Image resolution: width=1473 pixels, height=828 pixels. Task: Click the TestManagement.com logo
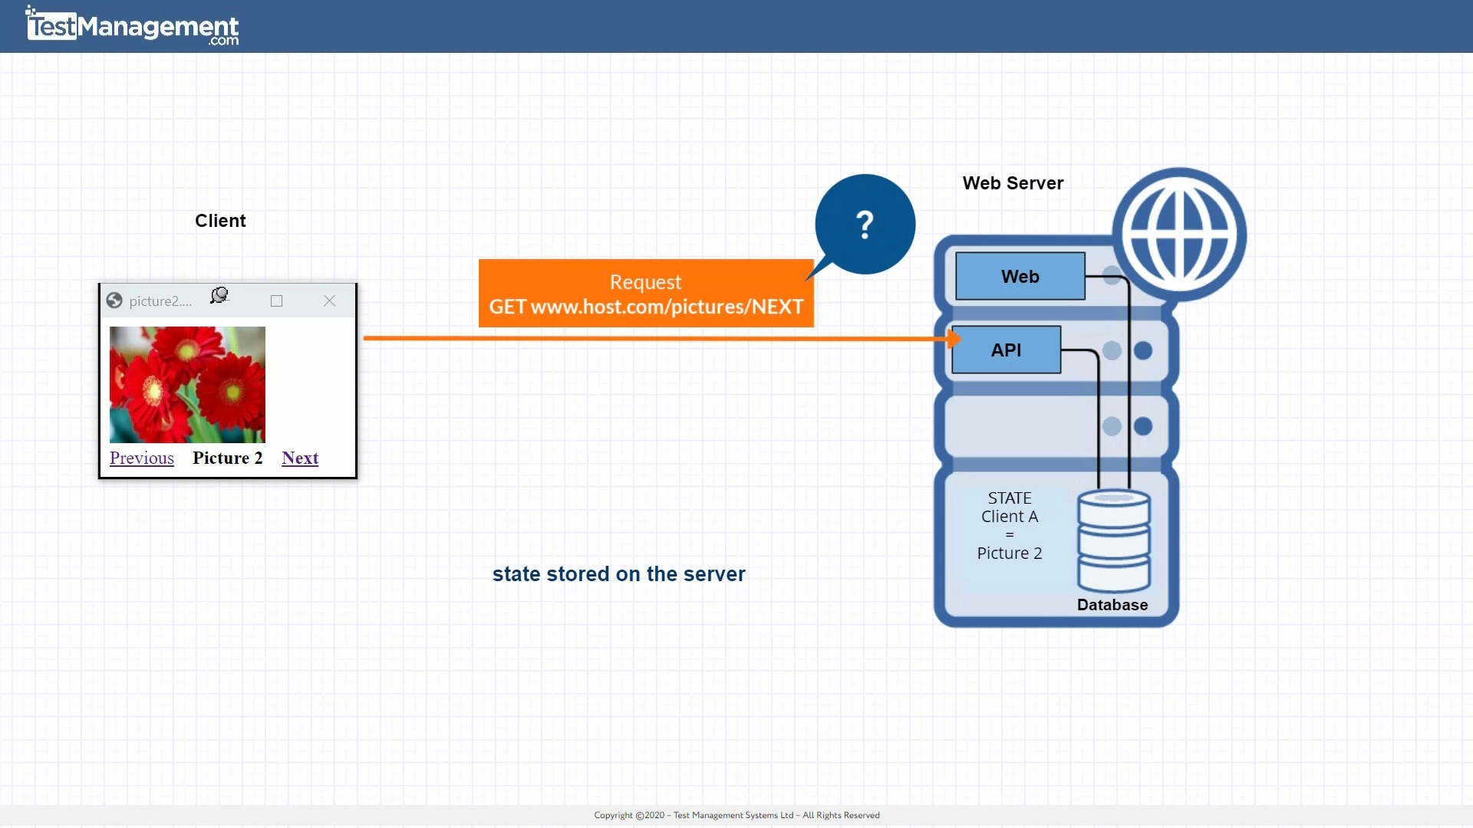click(x=132, y=27)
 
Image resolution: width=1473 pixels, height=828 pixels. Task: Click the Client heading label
click(x=220, y=221)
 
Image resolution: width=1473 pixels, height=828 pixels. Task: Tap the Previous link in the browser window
click(x=142, y=458)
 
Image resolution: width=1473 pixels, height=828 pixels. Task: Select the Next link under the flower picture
click(x=300, y=458)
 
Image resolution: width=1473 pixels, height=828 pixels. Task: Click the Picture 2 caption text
click(x=227, y=458)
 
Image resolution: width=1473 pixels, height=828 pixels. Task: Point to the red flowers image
click(x=187, y=385)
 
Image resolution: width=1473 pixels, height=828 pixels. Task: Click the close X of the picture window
click(x=329, y=301)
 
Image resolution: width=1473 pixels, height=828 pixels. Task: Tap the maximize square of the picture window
click(x=276, y=301)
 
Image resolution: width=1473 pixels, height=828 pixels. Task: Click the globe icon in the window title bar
click(x=114, y=301)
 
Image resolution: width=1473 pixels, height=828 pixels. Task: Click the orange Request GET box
click(x=646, y=294)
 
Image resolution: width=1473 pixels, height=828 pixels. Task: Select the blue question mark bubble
click(x=865, y=225)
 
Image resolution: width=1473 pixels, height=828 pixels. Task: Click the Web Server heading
click(x=1013, y=183)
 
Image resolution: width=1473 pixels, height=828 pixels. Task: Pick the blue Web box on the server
click(x=1020, y=276)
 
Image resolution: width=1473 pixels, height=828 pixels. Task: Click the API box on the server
click(x=1006, y=350)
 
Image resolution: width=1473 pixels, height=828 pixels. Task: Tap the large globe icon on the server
click(x=1179, y=235)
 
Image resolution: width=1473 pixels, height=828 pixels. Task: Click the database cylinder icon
click(x=1113, y=540)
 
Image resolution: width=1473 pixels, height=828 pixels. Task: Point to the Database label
click(x=1112, y=605)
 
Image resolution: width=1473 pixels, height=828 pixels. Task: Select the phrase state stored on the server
click(x=618, y=574)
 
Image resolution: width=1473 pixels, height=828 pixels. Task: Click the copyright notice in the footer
click(x=736, y=815)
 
